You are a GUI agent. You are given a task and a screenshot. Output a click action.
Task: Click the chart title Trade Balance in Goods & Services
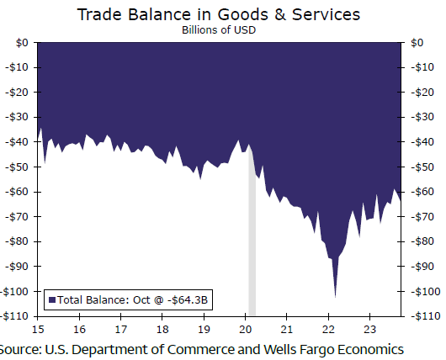point(219,14)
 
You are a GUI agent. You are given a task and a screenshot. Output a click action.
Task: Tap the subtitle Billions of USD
point(219,29)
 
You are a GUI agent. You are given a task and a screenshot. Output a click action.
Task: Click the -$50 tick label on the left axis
point(17,167)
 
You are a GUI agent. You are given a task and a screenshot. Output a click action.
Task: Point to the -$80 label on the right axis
point(422,241)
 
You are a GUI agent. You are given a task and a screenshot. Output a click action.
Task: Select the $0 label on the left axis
point(22,43)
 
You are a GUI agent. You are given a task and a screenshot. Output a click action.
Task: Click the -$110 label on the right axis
point(426,316)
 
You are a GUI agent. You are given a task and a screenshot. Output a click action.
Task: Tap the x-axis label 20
point(245,329)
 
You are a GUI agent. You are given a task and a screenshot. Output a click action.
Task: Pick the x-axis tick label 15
point(38,329)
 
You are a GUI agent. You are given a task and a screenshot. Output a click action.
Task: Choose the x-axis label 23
point(369,329)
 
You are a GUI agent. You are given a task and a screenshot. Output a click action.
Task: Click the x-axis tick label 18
point(162,329)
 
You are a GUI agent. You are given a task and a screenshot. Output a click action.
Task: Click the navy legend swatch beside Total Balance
point(52,300)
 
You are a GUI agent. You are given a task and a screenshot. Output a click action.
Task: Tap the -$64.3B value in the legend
point(188,300)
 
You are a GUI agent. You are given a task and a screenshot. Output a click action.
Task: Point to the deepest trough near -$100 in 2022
point(336,297)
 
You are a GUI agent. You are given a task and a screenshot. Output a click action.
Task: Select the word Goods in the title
point(242,14)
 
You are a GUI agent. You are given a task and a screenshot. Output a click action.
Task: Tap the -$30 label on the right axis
point(422,117)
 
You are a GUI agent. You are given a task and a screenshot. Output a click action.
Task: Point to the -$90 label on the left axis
point(17,267)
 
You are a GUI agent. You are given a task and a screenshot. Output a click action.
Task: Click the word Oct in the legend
point(141,300)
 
